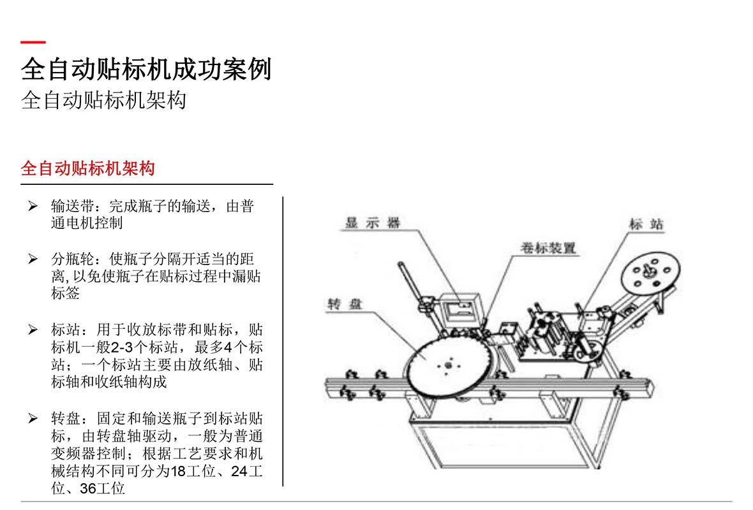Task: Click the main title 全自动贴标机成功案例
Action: (x=147, y=69)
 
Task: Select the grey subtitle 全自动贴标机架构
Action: (x=104, y=100)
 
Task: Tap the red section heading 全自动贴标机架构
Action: (x=88, y=168)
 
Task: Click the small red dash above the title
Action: (x=33, y=42)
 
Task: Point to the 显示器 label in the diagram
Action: (x=373, y=222)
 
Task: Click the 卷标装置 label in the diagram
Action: (x=548, y=248)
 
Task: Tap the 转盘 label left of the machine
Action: (x=345, y=303)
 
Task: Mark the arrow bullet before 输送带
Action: (x=33, y=207)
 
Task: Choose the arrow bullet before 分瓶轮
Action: (x=33, y=259)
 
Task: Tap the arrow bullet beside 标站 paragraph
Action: (x=33, y=330)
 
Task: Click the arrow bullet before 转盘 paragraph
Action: (x=33, y=418)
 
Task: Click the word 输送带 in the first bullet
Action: (x=73, y=207)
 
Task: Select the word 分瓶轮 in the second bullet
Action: (x=73, y=259)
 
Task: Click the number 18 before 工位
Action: (x=178, y=471)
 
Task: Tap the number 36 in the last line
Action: (x=88, y=488)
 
